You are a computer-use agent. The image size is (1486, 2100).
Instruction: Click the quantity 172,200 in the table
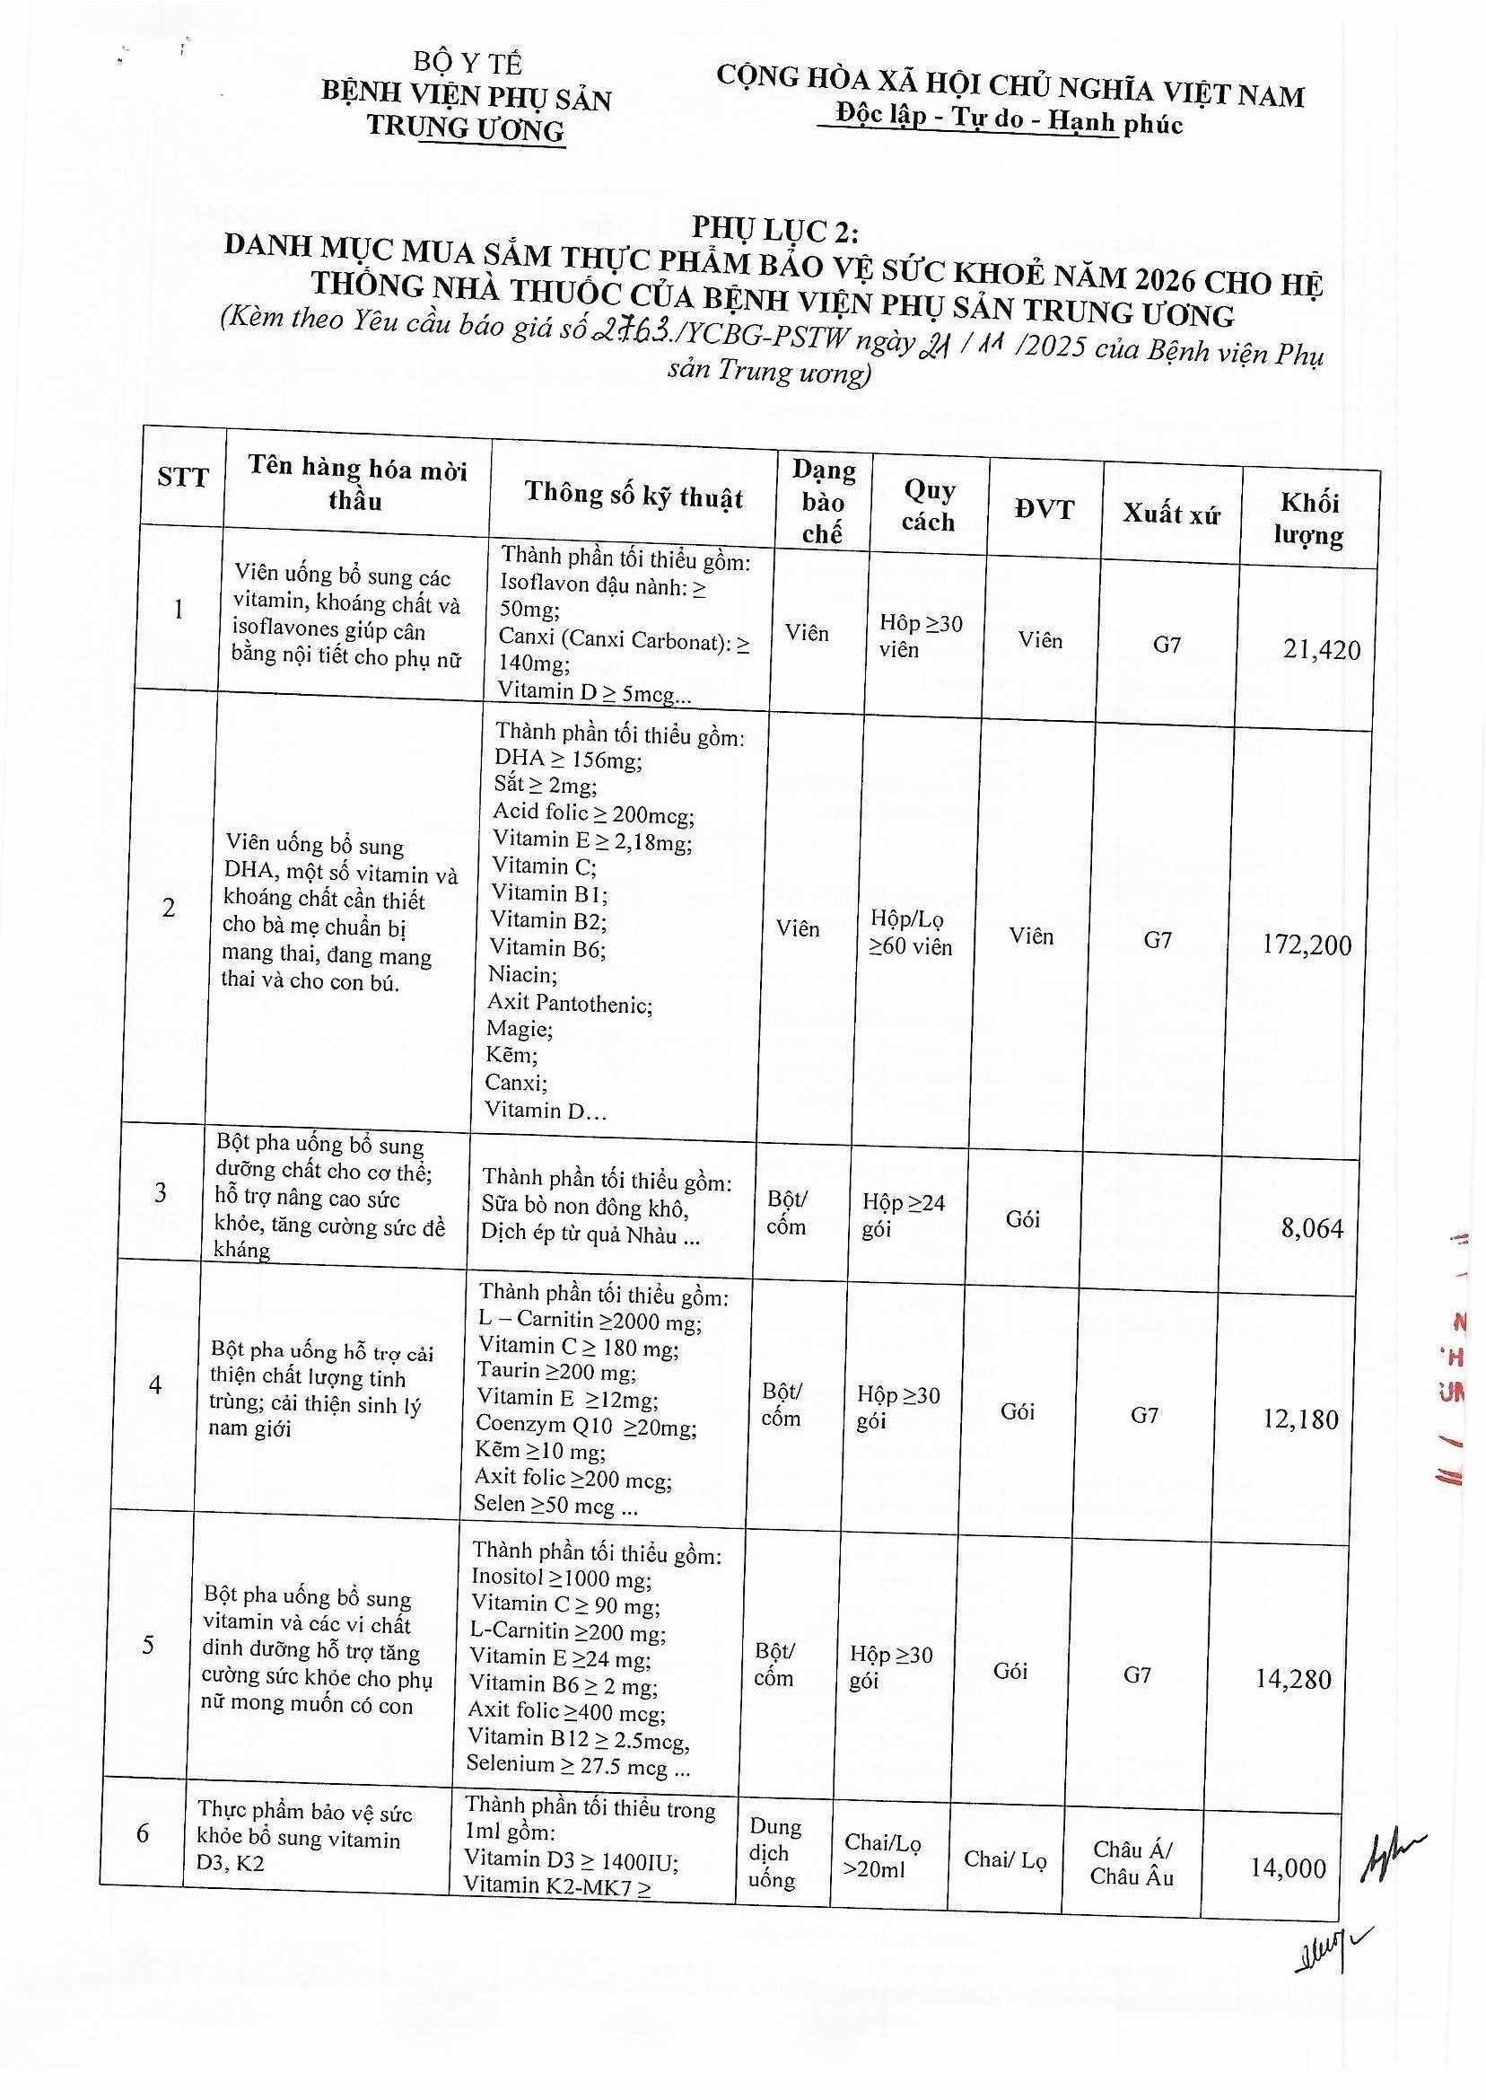click(x=1306, y=945)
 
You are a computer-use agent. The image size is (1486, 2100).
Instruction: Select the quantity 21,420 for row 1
click(x=1321, y=650)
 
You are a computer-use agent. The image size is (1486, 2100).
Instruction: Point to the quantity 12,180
click(x=1300, y=1419)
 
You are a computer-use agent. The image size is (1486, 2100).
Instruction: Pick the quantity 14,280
click(x=1293, y=1679)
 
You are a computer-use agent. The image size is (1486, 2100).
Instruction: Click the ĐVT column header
click(x=1044, y=509)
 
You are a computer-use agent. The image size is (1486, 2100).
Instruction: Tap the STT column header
click(x=183, y=477)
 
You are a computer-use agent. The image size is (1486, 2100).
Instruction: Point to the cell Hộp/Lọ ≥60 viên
click(x=910, y=933)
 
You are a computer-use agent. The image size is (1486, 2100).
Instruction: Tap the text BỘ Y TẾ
click(x=467, y=63)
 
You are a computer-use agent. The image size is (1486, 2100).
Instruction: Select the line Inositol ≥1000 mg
click(x=561, y=1577)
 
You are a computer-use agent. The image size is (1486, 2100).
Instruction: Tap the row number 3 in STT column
click(x=161, y=1192)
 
